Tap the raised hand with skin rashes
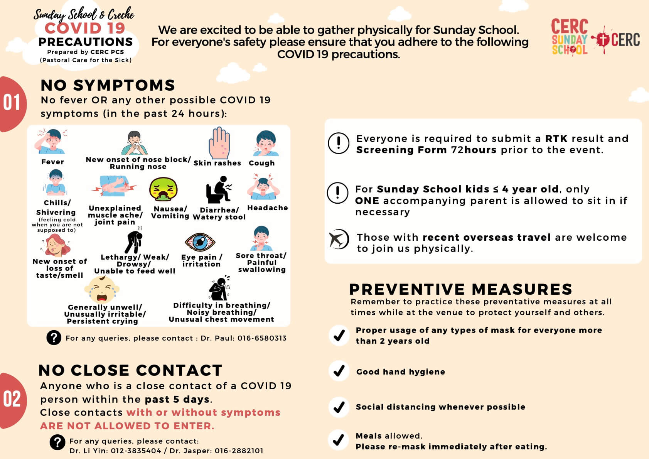219,143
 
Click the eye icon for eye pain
200,242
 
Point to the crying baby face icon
101,290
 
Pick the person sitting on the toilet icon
218,190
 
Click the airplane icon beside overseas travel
338,239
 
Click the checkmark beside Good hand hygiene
339,371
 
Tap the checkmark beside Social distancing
339,407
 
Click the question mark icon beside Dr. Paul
54,337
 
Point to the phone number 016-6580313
262,338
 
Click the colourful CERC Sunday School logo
570,37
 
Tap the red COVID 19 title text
85,28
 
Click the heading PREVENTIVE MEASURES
460,289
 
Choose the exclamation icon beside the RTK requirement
338,143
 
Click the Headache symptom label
268,208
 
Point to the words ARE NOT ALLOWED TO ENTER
127,426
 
